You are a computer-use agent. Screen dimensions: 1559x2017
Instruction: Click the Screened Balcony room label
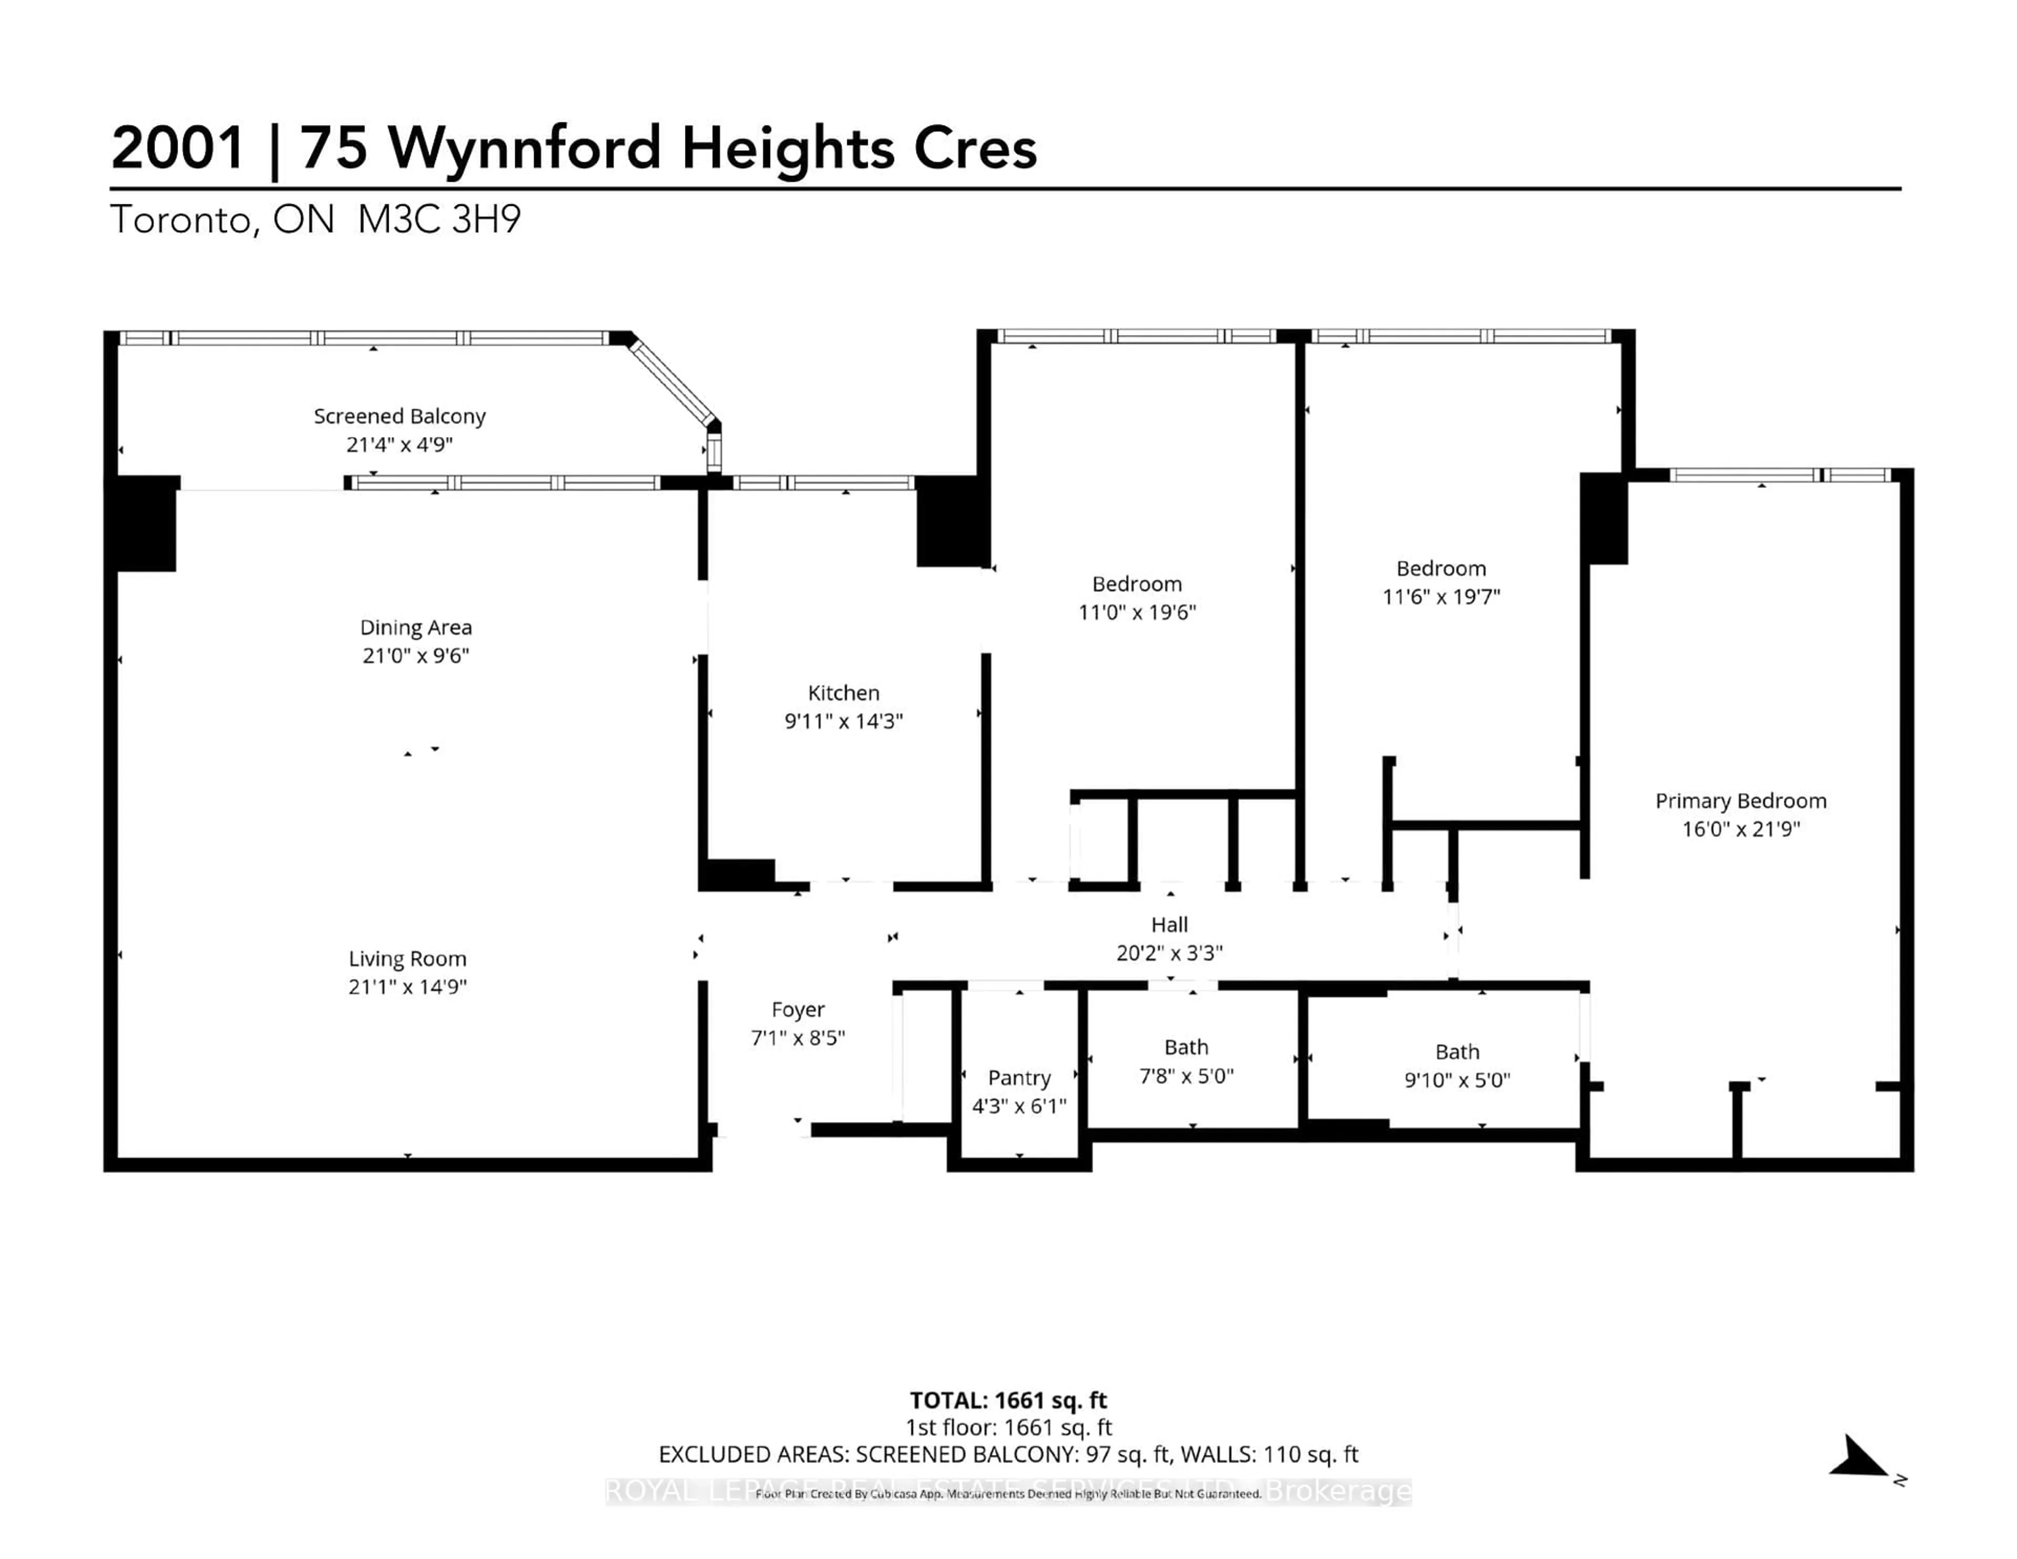399,417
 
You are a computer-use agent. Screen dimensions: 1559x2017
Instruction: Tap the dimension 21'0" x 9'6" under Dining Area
415,656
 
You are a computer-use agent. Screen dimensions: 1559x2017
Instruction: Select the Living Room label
407,959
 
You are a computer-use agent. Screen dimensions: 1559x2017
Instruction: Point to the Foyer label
798,1010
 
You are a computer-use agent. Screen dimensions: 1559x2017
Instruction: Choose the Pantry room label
1018,1078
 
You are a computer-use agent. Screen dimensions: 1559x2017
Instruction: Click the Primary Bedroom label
1740,801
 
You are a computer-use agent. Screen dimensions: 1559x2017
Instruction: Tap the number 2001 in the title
178,148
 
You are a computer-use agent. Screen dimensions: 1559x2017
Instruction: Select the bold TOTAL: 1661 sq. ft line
1007,1400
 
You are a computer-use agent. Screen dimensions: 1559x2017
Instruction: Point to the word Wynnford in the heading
524,148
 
